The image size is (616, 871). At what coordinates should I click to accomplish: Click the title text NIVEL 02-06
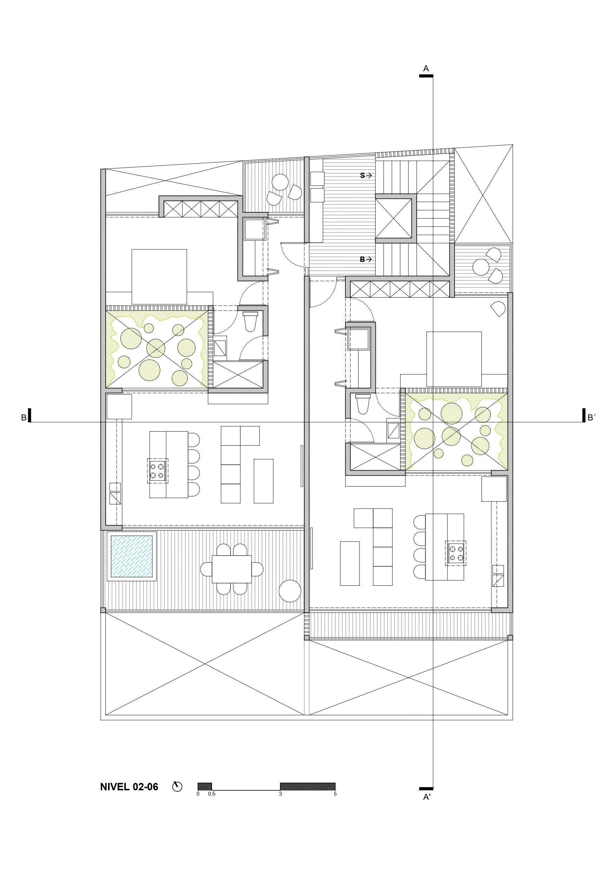(129, 787)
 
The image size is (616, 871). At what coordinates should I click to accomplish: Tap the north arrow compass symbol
(177, 786)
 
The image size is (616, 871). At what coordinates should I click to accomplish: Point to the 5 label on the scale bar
(335, 793)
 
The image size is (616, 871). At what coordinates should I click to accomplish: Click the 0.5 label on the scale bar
(211, 793)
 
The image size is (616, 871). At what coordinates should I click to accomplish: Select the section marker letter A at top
(426, 69)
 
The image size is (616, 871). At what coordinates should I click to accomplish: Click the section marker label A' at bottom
(426, 797)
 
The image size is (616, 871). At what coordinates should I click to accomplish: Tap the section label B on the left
(24, 418)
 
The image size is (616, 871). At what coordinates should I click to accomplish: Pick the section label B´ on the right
(591, 418)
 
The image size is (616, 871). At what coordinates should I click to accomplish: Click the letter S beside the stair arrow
(363, 175)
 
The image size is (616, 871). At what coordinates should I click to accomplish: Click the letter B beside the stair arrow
(363, 259)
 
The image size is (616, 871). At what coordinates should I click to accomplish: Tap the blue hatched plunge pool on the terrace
(131, 556)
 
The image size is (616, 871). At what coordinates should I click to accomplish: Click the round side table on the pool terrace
(290, 591)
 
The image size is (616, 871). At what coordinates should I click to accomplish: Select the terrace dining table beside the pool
(232, 569)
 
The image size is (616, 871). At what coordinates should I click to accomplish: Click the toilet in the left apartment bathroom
(250, 321)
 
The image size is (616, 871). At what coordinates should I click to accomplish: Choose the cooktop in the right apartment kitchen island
(456, 553)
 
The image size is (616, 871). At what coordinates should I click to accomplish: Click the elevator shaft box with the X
(393, 219)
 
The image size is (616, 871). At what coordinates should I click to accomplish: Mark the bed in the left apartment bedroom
(159, 277)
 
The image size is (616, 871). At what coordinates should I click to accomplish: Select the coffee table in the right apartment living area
(350, 563)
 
